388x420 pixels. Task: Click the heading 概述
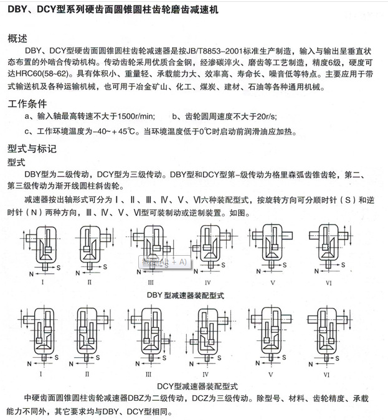18,39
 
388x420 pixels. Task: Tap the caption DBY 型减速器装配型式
194,294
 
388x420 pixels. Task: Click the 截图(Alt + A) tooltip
164,262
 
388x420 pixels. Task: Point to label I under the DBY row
42,282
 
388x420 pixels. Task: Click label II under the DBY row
90,282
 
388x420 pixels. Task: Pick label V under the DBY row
272,282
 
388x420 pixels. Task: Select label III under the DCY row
149,375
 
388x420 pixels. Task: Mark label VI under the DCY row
326,375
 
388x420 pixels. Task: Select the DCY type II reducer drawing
89,335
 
